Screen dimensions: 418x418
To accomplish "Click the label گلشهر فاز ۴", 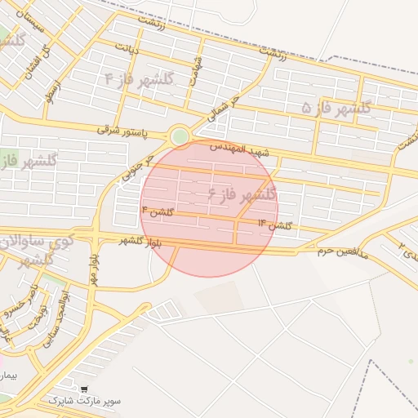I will [140, 79].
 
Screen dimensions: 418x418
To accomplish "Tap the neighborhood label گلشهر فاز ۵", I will [336, 107].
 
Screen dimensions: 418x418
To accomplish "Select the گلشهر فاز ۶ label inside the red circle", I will [242, 194].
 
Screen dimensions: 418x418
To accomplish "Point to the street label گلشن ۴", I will [158, 211].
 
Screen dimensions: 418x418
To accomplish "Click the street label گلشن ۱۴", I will [274, 223].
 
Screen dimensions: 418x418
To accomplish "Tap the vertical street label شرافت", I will [195, 69].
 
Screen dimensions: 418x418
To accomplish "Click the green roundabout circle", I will [179, 136].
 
